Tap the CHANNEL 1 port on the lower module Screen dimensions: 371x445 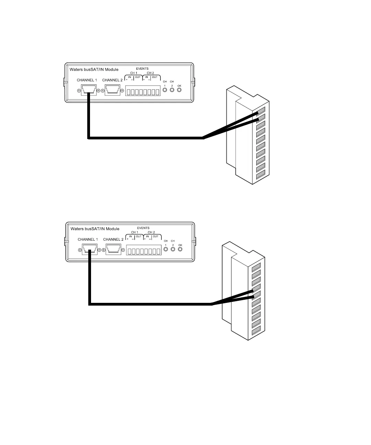coord(89,250)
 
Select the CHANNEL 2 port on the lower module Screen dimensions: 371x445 coord(113,250)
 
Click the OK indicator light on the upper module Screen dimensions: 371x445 coord(179,90)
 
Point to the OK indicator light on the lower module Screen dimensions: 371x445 coord(180,249)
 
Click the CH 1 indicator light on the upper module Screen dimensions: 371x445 coord(165,90)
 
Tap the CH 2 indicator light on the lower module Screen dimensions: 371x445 coord(173,249)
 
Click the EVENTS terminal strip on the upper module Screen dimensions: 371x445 coord(143,92)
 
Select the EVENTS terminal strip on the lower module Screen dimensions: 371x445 coord(144,251)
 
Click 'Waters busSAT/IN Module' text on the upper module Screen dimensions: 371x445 coord(94,69)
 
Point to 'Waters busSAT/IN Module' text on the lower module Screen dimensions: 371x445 coord(95,229)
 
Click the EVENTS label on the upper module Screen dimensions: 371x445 coord(142,69)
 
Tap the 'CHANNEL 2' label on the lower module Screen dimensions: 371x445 coord(113,239)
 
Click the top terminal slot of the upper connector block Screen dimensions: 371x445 coord(261,111)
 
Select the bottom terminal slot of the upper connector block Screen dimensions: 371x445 coord(261,176)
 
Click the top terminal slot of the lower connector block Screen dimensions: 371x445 coord(256,266)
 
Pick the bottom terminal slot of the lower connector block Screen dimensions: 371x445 coord(256,332)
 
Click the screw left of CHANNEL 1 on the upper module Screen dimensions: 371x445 coord(79,91)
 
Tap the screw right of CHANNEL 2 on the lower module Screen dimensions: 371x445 coord(124,250)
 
